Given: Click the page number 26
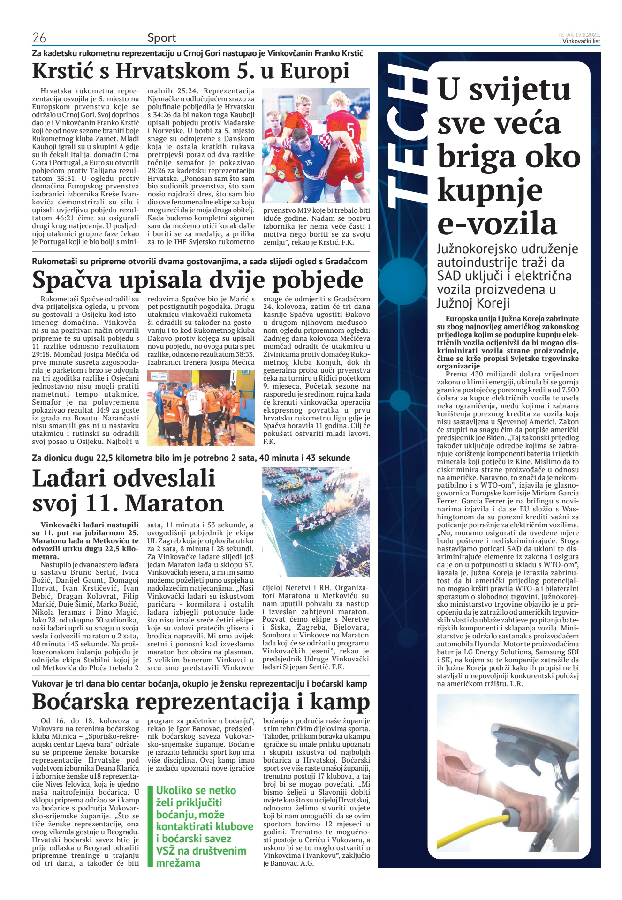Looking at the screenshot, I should [x=39, y=37].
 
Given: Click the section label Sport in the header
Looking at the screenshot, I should [x=162, y=37].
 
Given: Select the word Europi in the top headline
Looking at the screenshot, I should [x=315, y=72].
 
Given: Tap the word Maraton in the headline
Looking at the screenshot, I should [x=174, y=503].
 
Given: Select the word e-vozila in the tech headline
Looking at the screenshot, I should [x=497, y=224].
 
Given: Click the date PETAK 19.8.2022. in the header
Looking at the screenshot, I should [x=579, y=35].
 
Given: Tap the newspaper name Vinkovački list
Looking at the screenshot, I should [x=581, y=41].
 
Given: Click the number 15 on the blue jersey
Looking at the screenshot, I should [x=308, y=162].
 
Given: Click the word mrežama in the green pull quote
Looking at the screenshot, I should [x=178, y=863].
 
